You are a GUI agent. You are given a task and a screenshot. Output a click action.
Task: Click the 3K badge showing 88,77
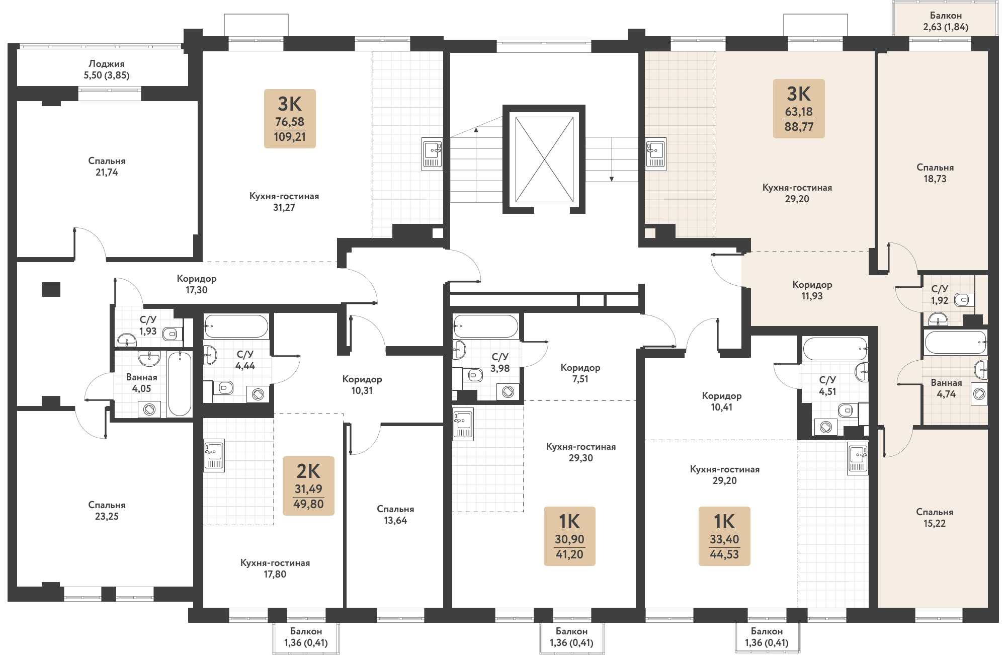point(799,108)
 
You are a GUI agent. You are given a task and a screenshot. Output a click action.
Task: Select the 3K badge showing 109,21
point(290,119)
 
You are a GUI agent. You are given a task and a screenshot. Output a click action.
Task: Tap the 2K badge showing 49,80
point(308,486)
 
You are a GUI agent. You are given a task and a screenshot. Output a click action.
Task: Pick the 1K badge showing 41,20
point(569,536)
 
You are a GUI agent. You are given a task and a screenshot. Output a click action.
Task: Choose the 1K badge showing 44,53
point(724,536)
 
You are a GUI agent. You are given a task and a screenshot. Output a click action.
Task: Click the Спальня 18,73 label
point(935,173)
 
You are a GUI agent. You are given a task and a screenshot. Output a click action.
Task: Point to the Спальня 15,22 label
point(935,518)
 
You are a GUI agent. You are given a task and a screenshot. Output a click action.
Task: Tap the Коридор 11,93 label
point(812,290)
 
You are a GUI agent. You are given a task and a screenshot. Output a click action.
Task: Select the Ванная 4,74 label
point(946,388)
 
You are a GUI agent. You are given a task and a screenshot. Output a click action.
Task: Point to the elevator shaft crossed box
point(544,159)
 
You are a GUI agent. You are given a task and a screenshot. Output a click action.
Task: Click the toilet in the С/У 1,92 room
point(963,300)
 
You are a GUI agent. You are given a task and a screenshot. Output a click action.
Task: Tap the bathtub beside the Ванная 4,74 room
point(955,343)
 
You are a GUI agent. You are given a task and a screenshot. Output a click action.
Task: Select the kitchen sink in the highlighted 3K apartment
point(655,153)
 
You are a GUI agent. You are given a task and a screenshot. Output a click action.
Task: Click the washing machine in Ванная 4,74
point(979,394)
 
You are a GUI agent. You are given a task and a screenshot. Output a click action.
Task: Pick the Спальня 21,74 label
point(107,167)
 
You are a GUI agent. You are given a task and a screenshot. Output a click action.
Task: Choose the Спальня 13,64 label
point(395,515)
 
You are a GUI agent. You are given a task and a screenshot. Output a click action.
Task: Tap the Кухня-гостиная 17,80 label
point(275,568)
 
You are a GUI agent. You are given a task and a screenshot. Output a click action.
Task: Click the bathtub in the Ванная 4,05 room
point(180,383)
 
